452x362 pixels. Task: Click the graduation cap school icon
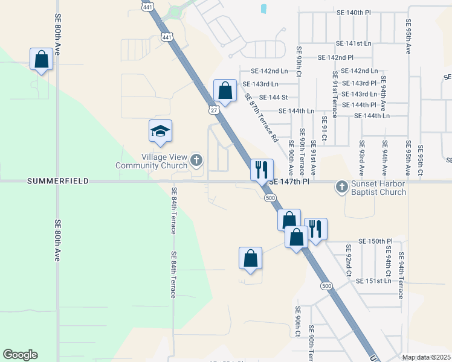pos(161,131)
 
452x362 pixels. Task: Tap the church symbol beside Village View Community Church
pos(196,160)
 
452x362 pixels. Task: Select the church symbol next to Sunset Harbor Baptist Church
pos(342,186)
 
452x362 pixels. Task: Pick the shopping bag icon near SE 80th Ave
pos(42,59)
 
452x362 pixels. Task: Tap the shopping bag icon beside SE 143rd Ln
pos(225,91)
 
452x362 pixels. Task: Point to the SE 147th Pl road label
pos(289,181)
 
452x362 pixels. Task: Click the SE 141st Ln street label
pos(354,43)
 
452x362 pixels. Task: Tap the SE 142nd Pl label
pos(335,57)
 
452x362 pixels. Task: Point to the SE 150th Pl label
pos(375,241)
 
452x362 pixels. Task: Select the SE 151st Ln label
pos(374,281)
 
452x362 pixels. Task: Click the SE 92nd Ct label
pos(349,259)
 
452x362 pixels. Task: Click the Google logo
pos(20,355)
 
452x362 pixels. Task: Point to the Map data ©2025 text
pos(426,358)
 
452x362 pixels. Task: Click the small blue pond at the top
pos(263,9)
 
